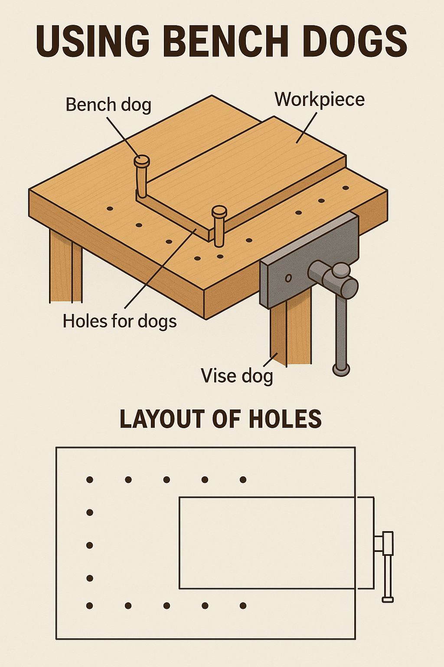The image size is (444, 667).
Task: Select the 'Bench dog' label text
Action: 108,106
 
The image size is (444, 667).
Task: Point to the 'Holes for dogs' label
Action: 120,322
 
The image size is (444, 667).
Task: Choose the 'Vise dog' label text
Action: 237,376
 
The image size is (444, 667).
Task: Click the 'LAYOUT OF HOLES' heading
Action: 220,419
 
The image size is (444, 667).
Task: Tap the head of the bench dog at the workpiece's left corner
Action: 141,161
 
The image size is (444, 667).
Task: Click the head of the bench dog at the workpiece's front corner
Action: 219,212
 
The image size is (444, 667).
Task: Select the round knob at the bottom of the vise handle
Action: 341,370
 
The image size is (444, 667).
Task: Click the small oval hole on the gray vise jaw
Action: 288,278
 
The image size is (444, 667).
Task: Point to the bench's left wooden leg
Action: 65,267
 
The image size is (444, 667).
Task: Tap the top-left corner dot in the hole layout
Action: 89,479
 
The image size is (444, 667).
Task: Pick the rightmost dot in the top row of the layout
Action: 243,479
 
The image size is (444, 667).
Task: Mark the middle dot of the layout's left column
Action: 89,545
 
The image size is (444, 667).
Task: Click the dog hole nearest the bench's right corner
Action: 345,188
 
